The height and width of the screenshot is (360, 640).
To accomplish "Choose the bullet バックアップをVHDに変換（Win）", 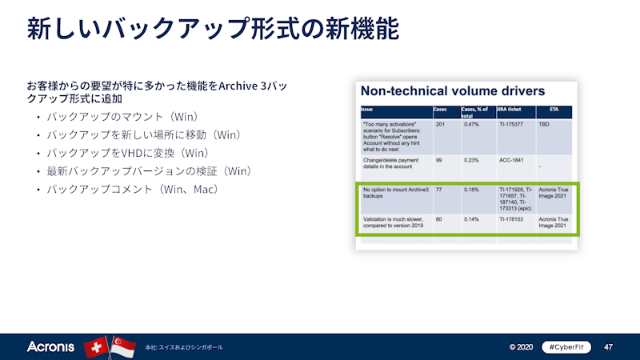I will pos(127,152).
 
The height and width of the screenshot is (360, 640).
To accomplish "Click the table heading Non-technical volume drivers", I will pos(453,90).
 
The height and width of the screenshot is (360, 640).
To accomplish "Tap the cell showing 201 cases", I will pos(439,125).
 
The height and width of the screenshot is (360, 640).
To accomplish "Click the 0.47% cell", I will pos(471,125).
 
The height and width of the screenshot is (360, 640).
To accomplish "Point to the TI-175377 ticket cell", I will pos(510,125).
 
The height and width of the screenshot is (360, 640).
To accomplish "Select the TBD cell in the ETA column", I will pos(545,125).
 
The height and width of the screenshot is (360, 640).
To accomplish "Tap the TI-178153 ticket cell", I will pos(510,218).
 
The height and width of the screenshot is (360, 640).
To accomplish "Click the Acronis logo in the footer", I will pos(50,347).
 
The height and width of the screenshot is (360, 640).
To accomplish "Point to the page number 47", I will pos(608,347).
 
